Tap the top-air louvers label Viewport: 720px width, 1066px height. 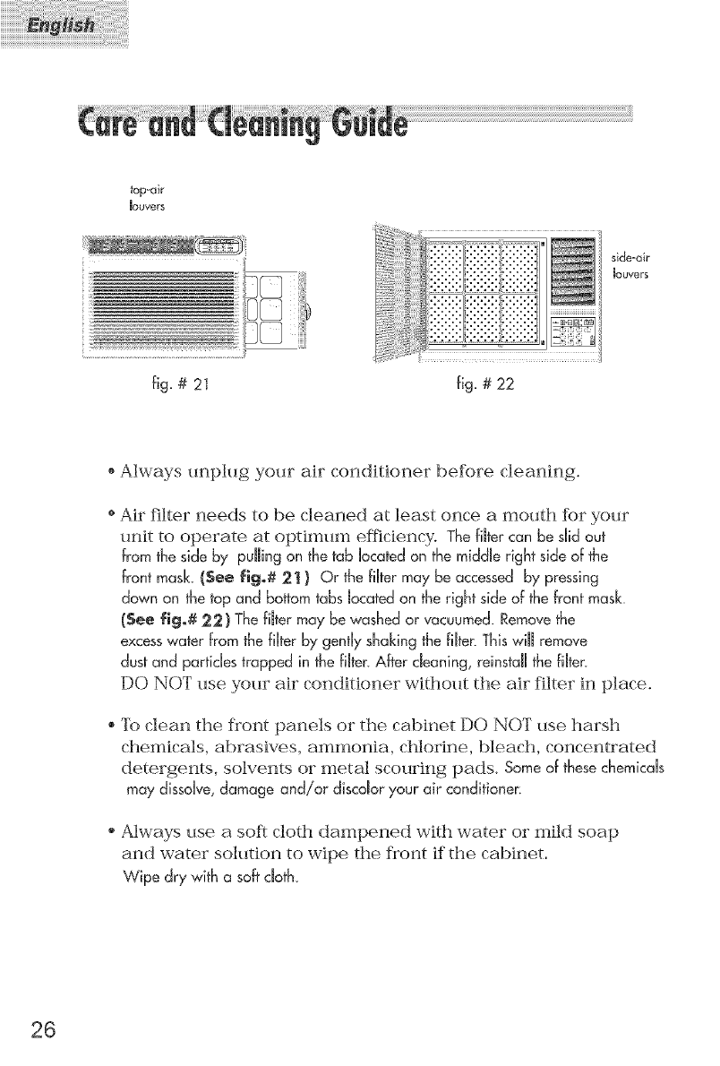coord(145,195)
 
